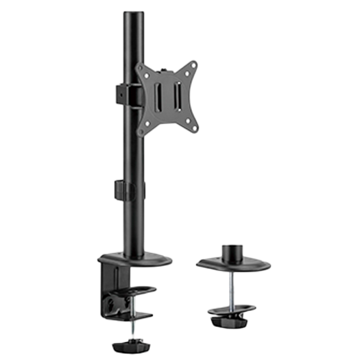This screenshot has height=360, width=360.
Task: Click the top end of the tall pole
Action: click(x=130, y=15)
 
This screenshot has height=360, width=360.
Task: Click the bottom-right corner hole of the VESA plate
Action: click(x=195, y=126)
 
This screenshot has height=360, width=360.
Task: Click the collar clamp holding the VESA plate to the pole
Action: click(x=119, y=93)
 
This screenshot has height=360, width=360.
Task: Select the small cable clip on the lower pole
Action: click(x=120, y=188)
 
